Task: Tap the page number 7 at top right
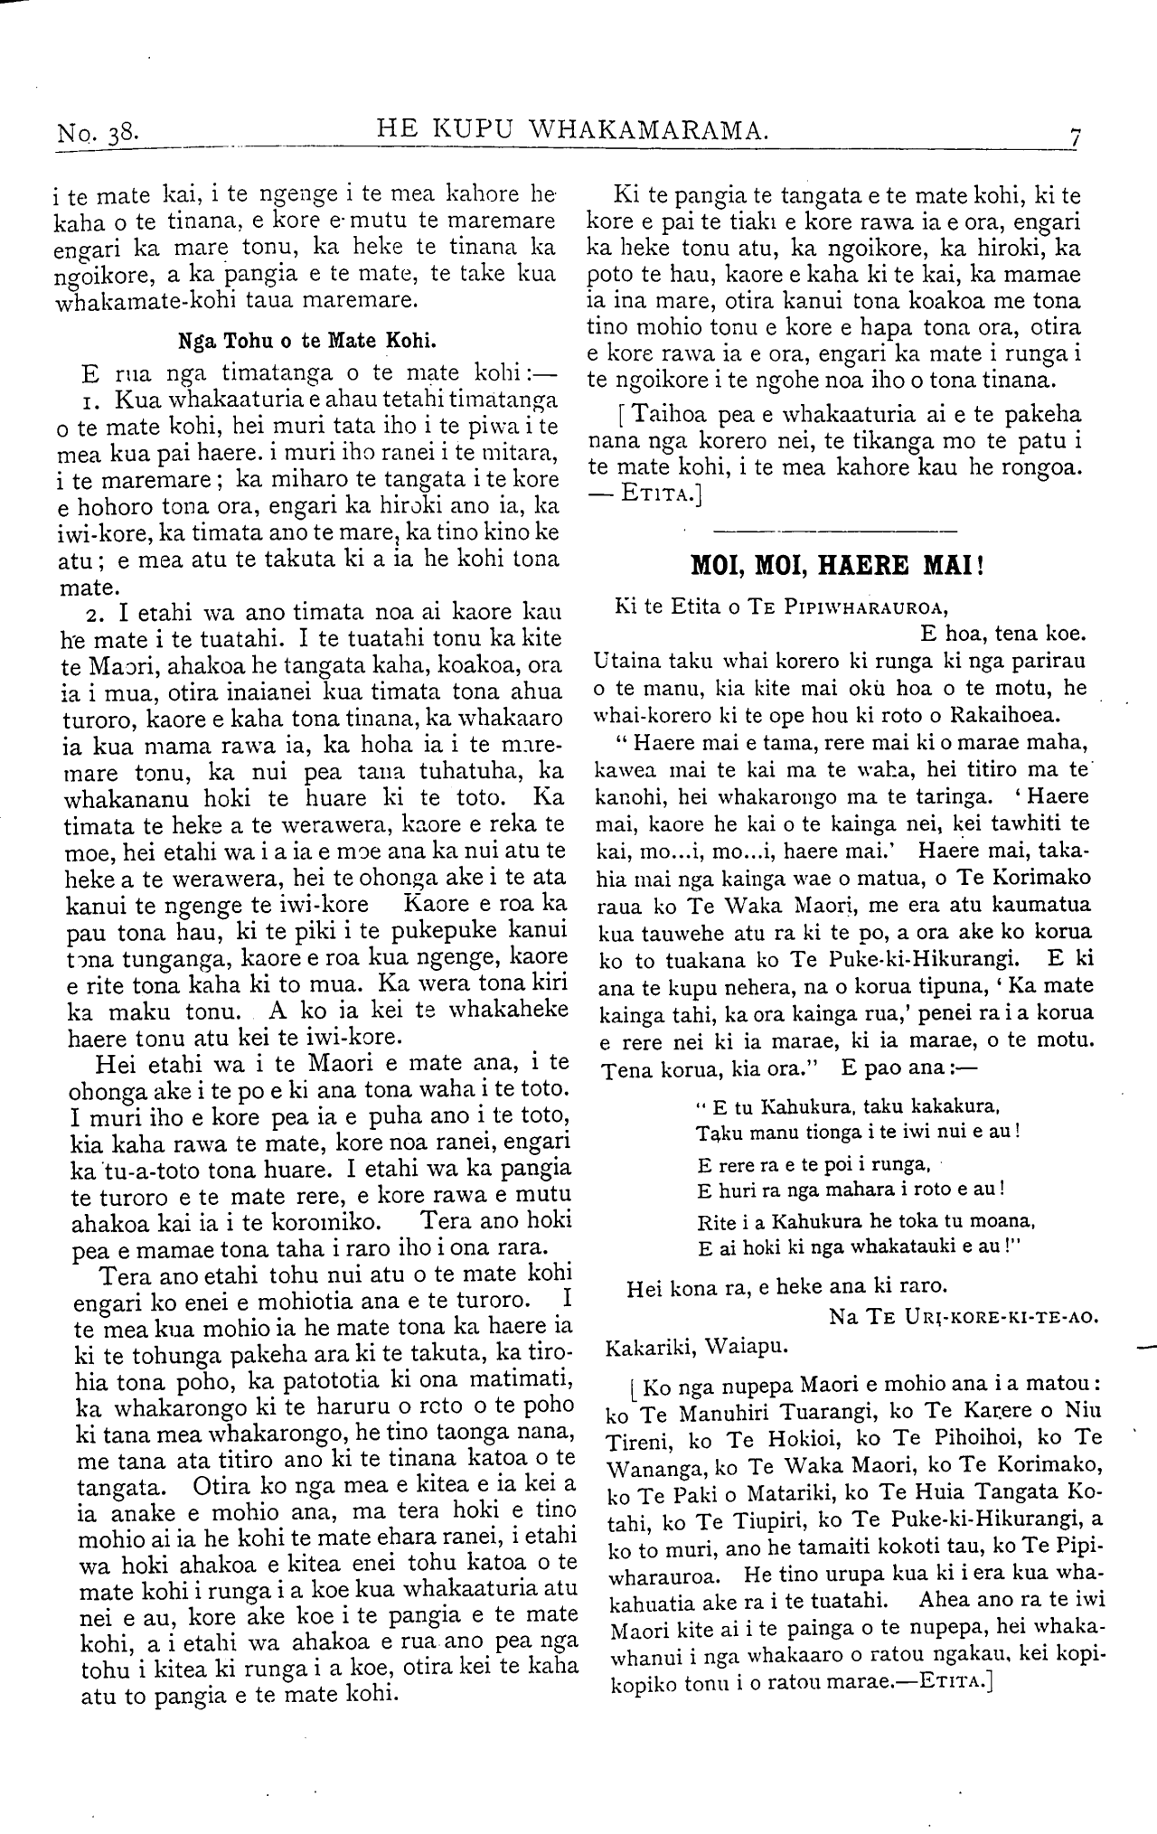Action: [x=1075, y=137]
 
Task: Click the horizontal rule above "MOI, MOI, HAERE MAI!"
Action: [x=836, y=530]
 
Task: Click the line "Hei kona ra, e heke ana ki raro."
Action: [x=774, y=1286]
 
